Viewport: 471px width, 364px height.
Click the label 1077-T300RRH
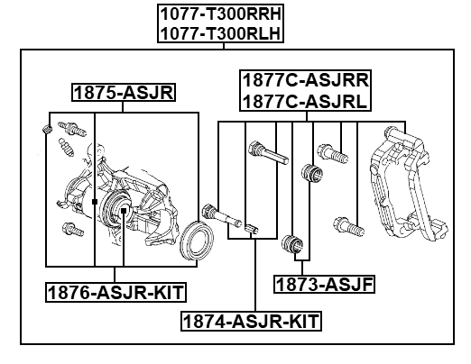220,14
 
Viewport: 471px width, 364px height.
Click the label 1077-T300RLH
220,32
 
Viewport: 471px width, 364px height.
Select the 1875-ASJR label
124,92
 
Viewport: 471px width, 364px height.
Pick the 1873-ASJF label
324,285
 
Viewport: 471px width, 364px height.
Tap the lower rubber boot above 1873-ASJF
291,242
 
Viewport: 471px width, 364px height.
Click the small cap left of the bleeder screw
47,133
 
